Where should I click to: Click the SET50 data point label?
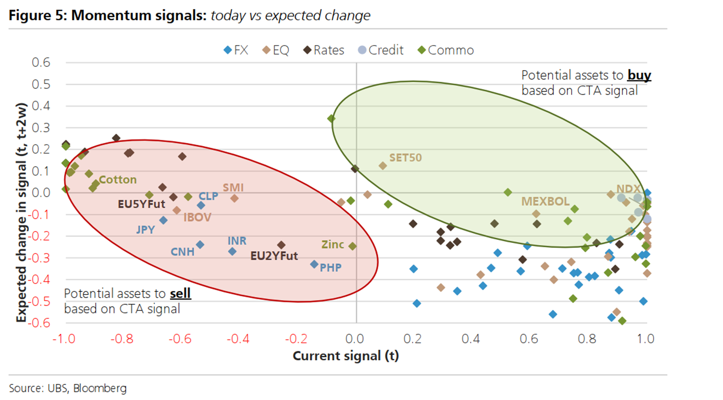click(405, 158)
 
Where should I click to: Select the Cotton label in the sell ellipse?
click(117, 180)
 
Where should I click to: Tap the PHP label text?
click(330, 268)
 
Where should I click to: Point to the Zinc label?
click(332, 245)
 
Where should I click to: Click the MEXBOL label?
click(545, 202)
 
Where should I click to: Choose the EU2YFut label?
click(274, 256)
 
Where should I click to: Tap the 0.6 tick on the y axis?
click(41, 62)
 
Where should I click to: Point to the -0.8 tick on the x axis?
click(122, 339)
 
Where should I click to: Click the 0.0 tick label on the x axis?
click(355, 339)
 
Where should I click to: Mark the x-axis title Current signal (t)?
click(346, 356)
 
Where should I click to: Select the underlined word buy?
click(639, 75)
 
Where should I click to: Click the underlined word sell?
click(180, 294)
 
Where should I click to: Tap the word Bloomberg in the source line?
click(100, 388)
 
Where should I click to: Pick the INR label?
click(237, 241)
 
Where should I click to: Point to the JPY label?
click(145, 230)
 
